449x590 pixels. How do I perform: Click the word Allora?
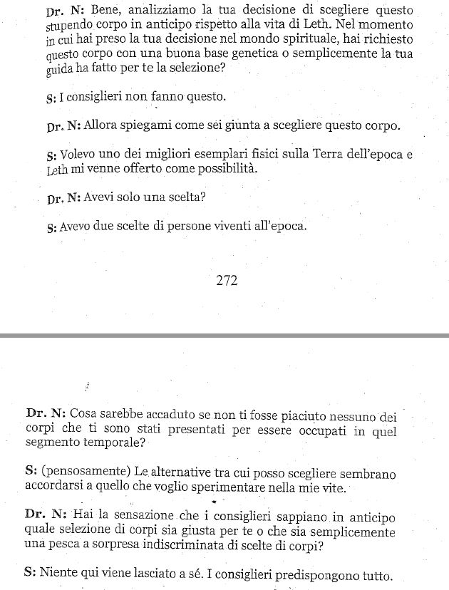click(105, 126)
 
